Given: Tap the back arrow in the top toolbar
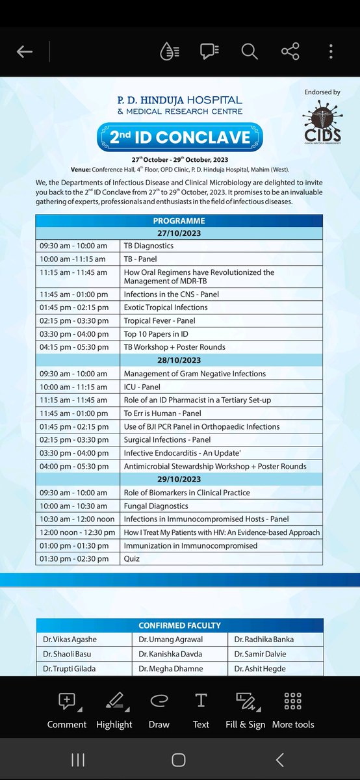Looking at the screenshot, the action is pos(25,52).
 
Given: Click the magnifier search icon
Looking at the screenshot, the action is pos(250,51).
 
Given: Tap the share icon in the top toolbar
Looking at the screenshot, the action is pos(290,51).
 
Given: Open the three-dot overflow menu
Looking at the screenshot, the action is pos(331,51).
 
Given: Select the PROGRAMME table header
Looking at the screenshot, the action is pos(179,220).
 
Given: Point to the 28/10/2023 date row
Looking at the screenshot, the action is pos(179,360).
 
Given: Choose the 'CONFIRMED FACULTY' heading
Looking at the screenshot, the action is pos(179,625).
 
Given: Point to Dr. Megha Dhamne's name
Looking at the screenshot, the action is pos(171,668).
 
